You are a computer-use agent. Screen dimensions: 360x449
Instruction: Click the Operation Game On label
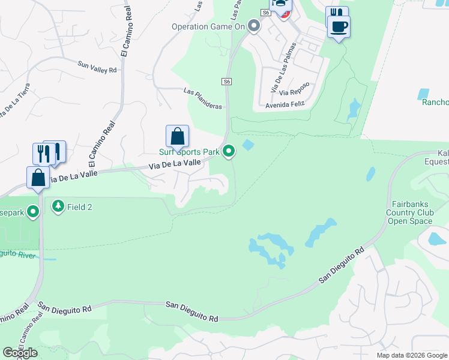[208, 26]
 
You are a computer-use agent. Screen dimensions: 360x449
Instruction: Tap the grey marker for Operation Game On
[254, 26]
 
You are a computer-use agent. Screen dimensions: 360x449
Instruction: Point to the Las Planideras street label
[202, 98]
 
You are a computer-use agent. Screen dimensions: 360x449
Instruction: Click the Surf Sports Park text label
[189, 152]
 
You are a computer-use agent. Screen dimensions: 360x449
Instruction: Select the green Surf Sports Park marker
[229, 152]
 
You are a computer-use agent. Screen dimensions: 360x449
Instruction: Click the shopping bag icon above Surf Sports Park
[178, 137]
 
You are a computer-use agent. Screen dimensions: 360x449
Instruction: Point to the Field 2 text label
[79, 207]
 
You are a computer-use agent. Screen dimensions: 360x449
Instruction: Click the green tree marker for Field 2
[58, 207]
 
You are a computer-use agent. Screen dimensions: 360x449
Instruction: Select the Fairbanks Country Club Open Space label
[410, 213]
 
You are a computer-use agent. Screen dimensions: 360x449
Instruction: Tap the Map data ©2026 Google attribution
[411, 355]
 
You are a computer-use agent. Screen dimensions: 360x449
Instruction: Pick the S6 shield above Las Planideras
[226, 81]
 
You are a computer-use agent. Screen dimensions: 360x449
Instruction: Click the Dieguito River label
[18, 254]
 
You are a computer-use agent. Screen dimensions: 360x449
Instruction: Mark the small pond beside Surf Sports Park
[247, 145]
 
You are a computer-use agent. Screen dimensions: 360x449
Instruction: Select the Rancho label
[435, 103]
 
